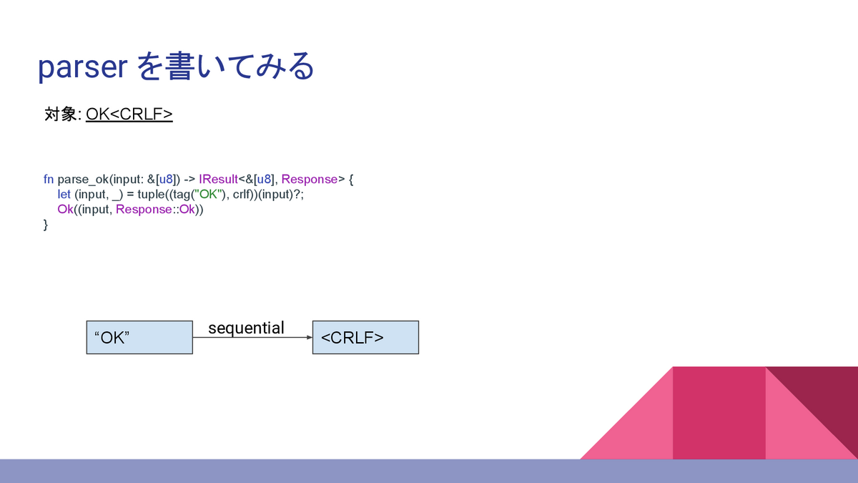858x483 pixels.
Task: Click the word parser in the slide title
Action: coord(82,68)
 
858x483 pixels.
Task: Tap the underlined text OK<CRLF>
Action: coord(129,114)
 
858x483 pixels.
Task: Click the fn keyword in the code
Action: coord(48,179)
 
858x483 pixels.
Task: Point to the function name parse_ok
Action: coord(82,179)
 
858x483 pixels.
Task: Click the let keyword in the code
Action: coord(64,194)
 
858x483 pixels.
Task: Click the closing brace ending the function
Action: coord(46,225)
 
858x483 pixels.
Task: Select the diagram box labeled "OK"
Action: coord(139,337)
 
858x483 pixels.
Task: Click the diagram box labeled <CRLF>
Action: coord(365,337)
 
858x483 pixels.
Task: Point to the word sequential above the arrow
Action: coord(246,328)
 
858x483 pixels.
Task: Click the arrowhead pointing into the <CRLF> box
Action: coord(309,337)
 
